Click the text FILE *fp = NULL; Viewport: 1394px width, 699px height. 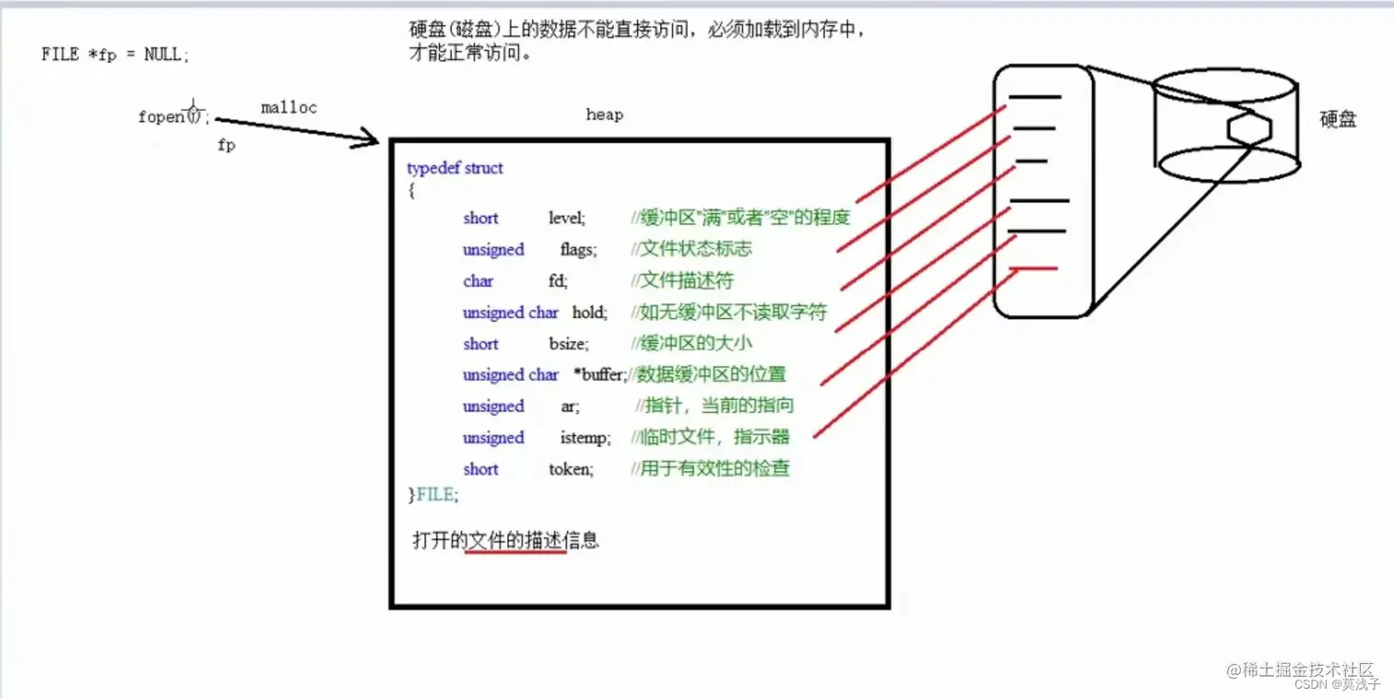click(115, 54)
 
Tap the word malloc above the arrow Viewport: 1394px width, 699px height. click(289, 108)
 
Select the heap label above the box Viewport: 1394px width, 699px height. click(604, 115)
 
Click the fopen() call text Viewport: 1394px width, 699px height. click(173, 117)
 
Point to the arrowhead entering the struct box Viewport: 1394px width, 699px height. click(371, 139)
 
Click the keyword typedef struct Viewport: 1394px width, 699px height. click(455, 168)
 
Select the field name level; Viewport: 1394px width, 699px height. click(567, 219)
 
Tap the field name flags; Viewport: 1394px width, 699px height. click(578, 250)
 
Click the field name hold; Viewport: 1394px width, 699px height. click(589, 313)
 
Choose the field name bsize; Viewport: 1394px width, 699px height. click(568, 344)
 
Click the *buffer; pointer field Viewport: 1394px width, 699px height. click(599, 375)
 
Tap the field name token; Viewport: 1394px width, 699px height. click(571, 469)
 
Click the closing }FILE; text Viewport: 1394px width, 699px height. click(432, 495)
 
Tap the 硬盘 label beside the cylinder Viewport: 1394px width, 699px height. click(1338, 119)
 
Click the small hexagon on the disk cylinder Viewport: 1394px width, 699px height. click(1250, 128)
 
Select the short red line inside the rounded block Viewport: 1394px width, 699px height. click(1034, 268)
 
